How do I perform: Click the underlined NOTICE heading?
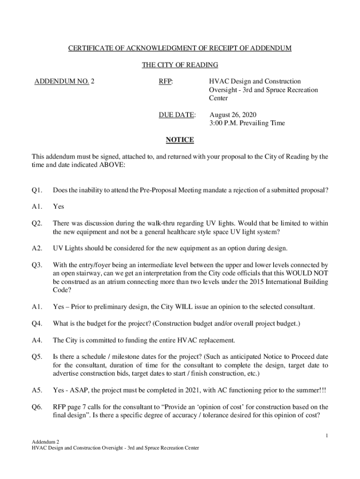pyautogui.click(x=180, y=140)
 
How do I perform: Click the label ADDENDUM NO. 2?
pyautogui.click(x=65, y=81)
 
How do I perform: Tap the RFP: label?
pyautogui.click(x=166, y=81)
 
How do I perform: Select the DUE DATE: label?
pyautogui.click(x=177, y=115)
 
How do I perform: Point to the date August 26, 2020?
pyautogui.click(x=233, y=115)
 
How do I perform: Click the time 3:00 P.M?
pyautogui.click(x=223, y=123)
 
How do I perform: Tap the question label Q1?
pyautogui.click(x=37, y=190)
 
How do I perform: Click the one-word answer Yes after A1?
pyautogui.click(x=58, y=206)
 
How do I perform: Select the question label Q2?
pyautogui.click(x=37, y=223)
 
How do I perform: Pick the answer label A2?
pyautogui.click(x=37, y=248)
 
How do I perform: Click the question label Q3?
pyautogui.click(x=37, y=265)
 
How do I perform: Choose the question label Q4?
pyautogui.click(x=37, y=323)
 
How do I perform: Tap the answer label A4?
pyautogui.click(x=37, y=340)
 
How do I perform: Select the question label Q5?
pyautogui.click(x=37, y=357)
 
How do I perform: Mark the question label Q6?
pyautogui.click(x=37, y=407)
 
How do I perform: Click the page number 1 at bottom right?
pyautogui.click(x=327, y=436)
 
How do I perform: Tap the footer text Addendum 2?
pyautogui.click(x=45, y=442)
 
